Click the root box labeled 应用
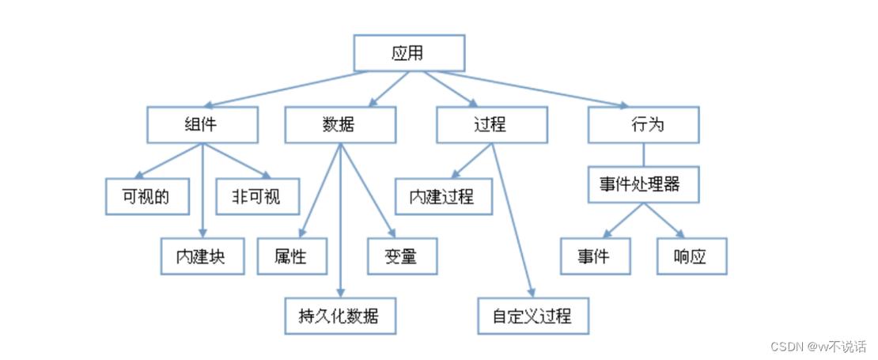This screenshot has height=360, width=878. [x=408, y=54]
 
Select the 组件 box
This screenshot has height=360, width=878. [x=202, y=124]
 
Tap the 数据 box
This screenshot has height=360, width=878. [x=340, y=124]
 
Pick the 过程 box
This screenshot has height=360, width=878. [x=491, y=124]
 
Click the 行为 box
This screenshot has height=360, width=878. [x=643, y=124]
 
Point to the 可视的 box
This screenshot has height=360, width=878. [x=147, y=195]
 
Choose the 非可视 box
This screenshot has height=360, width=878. [x=259, y=195]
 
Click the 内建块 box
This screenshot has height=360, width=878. [x=203, y=256]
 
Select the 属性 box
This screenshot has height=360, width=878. [x=292, y=256]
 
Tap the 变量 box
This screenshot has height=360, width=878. [x=402, y=256]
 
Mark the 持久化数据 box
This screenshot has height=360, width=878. [x=340, y=316]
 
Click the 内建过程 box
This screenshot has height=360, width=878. [x=443, y=195]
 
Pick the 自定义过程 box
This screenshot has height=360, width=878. [x=535, y=316]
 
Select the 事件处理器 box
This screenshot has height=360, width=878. [x=643, y=185]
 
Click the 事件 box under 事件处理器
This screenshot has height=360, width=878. [x=596, y=256]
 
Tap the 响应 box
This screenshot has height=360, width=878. [x=691, y=256]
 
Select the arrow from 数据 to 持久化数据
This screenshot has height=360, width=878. [x=340, y=222]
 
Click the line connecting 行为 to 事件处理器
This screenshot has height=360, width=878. [x=643, y=154]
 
